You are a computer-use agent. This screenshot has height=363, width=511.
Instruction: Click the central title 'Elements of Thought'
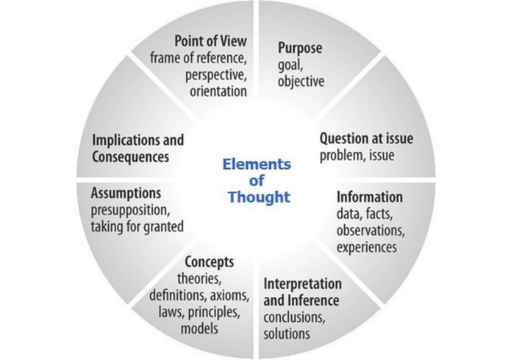[257, 180]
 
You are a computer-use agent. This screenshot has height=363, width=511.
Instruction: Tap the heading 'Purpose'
[300, 48]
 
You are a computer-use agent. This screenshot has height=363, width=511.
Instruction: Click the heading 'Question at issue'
[360, 138]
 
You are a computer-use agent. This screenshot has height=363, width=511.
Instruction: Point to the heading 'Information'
[369, 198]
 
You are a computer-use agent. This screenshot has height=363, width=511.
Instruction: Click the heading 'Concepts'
[210, 262]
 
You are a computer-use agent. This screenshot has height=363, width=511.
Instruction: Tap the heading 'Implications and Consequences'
[137, 148]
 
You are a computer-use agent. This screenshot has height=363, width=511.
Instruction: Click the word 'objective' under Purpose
[301, 81]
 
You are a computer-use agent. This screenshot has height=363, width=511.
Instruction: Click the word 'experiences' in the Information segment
[367, 247]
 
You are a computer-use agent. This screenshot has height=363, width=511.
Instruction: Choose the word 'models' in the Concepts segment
[199, 328]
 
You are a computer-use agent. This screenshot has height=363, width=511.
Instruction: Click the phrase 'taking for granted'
[137, 227]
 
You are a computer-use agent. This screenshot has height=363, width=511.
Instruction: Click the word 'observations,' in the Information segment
[371, 231]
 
